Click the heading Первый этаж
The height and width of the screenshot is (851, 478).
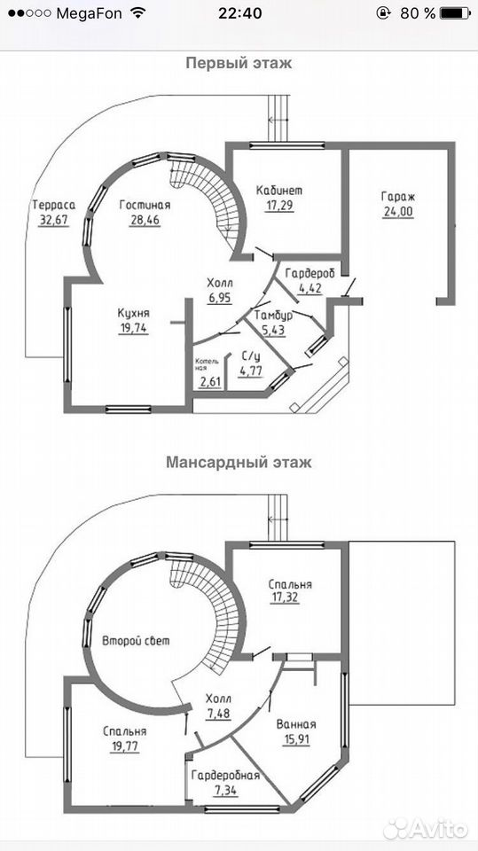239,64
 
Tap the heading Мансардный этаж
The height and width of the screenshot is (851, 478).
239,463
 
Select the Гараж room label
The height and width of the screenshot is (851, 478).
398,197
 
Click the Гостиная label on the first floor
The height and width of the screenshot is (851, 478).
145,205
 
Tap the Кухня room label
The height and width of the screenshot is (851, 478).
134,314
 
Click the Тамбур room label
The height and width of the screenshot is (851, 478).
274,315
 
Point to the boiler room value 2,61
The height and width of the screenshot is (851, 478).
210,381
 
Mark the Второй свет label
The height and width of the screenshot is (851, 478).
136,641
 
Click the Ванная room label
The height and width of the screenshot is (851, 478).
296,724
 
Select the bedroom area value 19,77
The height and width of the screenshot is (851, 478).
124,746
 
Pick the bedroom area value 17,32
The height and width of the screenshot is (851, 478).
285,598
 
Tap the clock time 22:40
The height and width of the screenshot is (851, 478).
239,14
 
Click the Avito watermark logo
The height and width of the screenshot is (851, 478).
426,829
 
